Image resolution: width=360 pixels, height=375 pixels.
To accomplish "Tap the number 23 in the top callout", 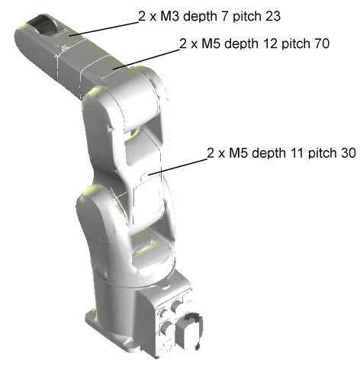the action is [273, 16].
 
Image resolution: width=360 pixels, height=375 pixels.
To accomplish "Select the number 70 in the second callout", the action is [322, 43].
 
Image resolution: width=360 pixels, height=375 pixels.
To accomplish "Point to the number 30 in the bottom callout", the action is [349, 153].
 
